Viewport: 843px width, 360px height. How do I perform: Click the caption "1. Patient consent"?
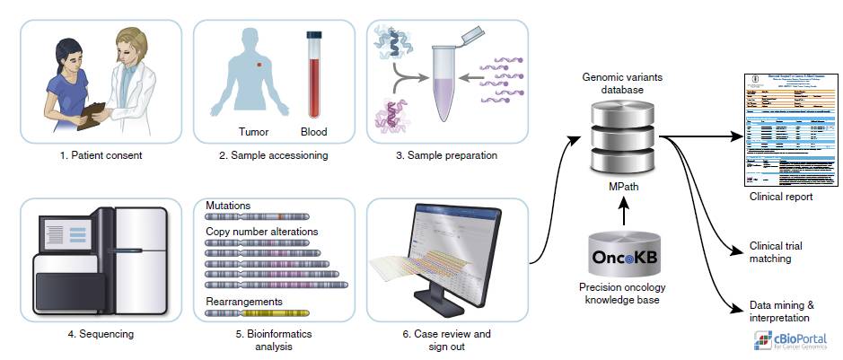tap(101, 155)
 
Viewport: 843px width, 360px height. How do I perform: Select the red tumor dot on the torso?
tap(259, 66)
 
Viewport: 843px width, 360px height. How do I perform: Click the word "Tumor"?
tap(253, 132)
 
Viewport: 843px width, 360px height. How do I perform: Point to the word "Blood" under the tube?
tap(314, 132)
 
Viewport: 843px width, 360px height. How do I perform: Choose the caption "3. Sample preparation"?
tap(446, 155)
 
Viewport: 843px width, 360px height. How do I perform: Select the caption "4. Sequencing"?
tap(101, 334)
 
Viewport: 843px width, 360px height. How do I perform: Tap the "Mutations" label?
tap(228, 206)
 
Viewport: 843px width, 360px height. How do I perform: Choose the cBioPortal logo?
tap(789, 338)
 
